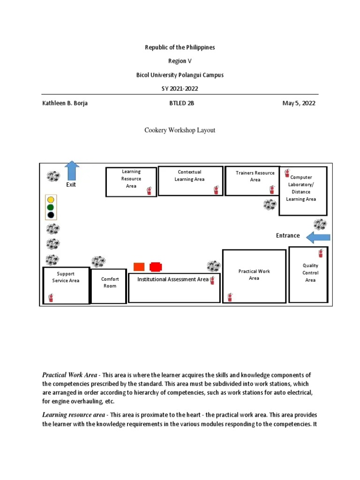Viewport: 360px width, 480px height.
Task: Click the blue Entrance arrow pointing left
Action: click(318, 237)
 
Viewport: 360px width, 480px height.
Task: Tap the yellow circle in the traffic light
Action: click(51, 200)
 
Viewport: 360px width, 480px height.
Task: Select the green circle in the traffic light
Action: click(51, 207)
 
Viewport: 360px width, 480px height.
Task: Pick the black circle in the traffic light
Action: click(51, 215)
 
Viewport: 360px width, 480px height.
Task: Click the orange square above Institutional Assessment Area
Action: click(139, 267)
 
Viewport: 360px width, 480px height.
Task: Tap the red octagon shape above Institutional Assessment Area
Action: click(156, 267)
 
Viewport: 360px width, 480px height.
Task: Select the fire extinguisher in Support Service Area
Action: click(51, 297)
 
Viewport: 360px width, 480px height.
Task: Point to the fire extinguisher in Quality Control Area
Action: click(321, 253)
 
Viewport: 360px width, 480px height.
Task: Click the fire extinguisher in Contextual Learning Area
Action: click(216, 190)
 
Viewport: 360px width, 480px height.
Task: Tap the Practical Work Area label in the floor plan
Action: click(254, 275)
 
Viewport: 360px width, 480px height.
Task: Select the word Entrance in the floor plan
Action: click(288, 236)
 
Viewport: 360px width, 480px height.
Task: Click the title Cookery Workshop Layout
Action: click(180, 130)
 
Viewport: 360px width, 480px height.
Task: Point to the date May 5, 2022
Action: click(299, 104)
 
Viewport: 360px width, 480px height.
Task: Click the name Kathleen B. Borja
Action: click(65, 104)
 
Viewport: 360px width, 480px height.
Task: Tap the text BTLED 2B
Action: click(181, 104)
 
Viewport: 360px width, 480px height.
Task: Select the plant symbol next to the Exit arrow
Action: click(53, 177)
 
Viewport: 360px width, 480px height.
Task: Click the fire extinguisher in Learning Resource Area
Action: click(149, 190)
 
